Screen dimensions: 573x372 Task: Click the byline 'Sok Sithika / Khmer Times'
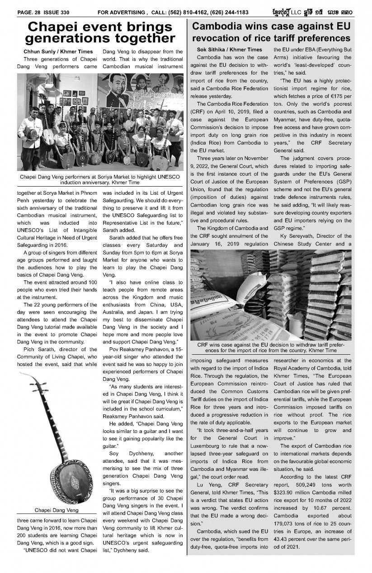(x=230, y=49)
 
